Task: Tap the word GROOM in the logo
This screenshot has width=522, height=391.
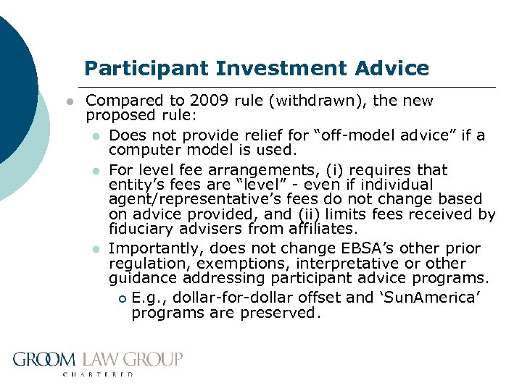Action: click(x=44, y=359)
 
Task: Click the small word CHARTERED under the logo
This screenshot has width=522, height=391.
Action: click(x=98, y=374)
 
